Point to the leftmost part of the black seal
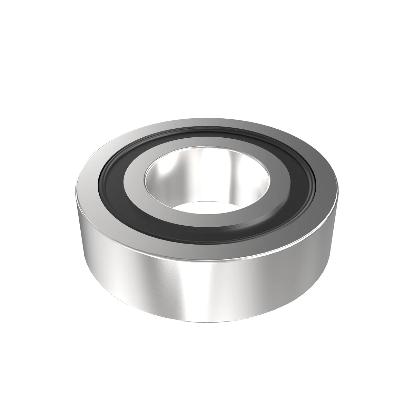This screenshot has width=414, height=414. (107, 179)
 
